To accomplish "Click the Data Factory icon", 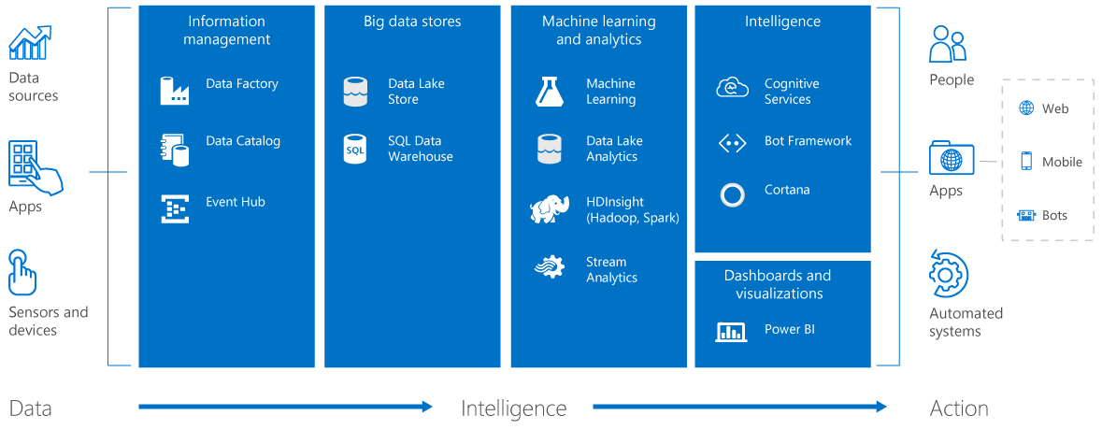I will click(x=175, y=90).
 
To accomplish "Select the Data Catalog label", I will click(x=243, y=141).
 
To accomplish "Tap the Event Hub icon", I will click(x=175, y=208).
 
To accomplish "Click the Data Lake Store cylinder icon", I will click(x=355, y=92).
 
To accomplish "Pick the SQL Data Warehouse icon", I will click(x=355, y=149).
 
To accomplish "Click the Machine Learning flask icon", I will click(x=549, y=91).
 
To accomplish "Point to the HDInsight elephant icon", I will click(x=549, y=209).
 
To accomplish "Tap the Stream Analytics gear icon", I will click(x=549, y=267).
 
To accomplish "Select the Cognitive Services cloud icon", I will click(x=732, y=89).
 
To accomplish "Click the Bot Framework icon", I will click(x=732, y=143).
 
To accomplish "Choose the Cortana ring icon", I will click(x=733, y=194).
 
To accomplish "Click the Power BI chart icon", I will click(x=731, y=331).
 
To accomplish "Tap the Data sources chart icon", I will click(x=30, y=43).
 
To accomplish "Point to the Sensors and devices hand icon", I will click(x=23, y=272).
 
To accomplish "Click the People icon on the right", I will click(x=948, y=44).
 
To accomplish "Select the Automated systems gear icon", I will click(x=948, y=274).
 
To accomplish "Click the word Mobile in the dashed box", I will click(x=1063, y=162).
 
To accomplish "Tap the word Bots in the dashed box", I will click(x=1055, y=216).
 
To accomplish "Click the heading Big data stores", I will click(x=412, y=21).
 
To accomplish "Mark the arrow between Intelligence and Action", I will click(x=738, y=406).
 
